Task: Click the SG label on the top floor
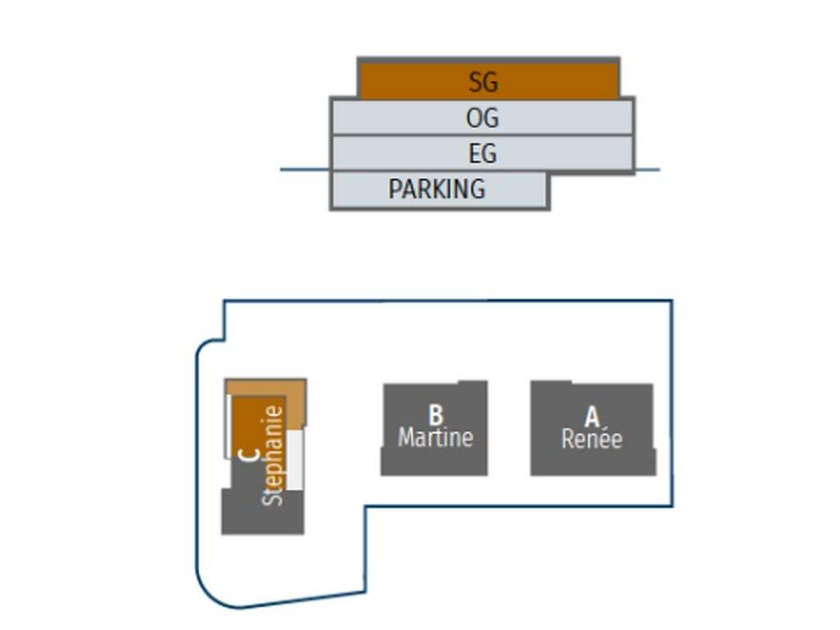[x=483, y=82]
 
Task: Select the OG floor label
[x=482, y=118]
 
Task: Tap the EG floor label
[x=482, y=153]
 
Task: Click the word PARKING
[x=436, y=189]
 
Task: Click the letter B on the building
[x=436, y=414]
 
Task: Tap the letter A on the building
[x=591, y=417]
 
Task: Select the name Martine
[x=436, y=437]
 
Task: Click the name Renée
[x=591, y=439]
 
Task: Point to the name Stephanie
[x=273, y=455]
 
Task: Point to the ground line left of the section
[x=304, y=170]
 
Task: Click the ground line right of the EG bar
[x=647, y=170]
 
